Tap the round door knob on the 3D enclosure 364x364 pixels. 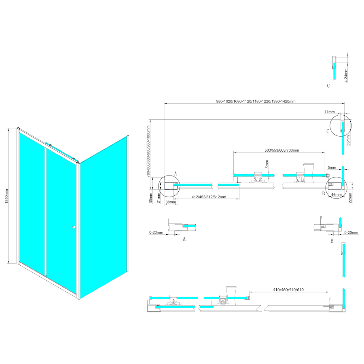(x=74, y=229)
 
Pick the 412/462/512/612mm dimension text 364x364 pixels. (x=208, y=197)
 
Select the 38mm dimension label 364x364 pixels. (x=171, y=202)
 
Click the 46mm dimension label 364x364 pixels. (x=336, y=195)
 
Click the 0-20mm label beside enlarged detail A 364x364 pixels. (x=156, y=233)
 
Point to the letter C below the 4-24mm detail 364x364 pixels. (x=328, y=86)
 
